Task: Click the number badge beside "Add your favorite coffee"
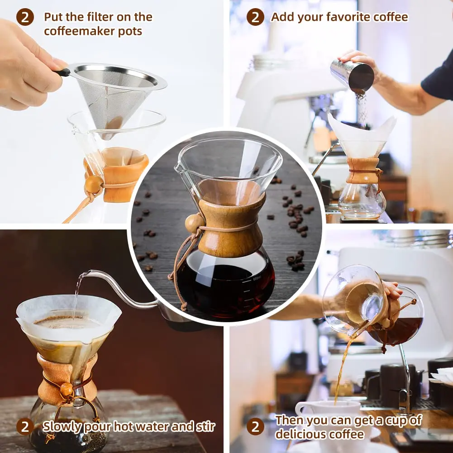tap(255, 17)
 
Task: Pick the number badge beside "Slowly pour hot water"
tap(25, 426)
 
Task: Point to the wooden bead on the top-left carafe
tap(94, 184)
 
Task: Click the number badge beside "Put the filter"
tap(25, 17)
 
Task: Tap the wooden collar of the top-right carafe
tap(363, 171)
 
